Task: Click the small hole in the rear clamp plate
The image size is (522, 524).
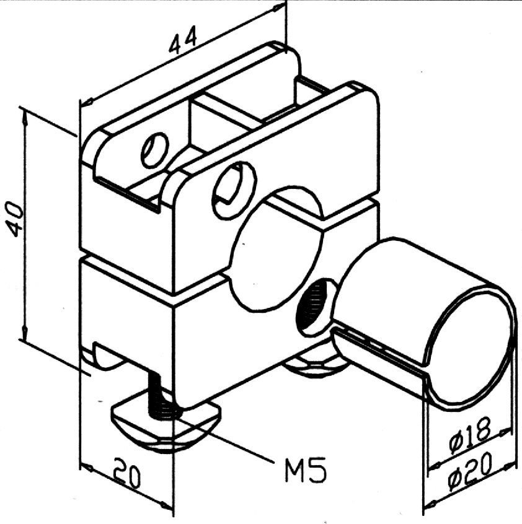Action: (x=154, y=149)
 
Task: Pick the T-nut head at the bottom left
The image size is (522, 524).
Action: (x=164, y=427)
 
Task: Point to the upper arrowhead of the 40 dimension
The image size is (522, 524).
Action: (x=24, y=111)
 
